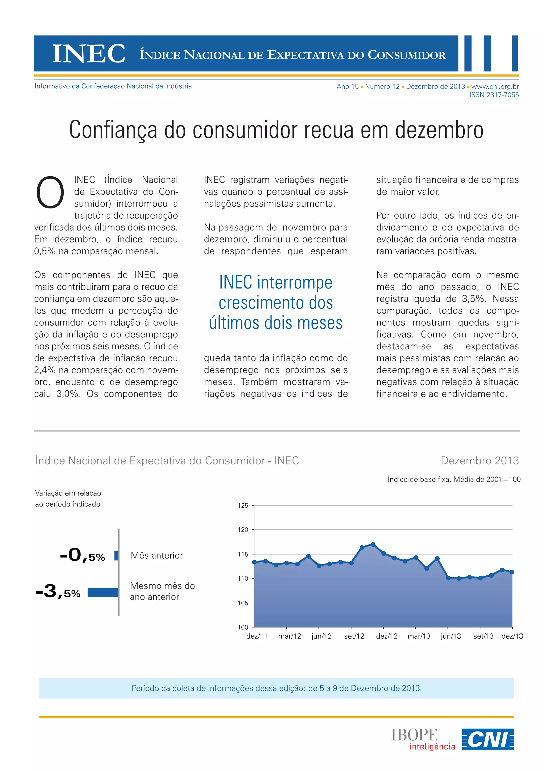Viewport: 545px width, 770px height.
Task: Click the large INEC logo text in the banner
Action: (89, 54)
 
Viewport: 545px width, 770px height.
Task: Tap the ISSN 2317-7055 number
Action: (494, 95)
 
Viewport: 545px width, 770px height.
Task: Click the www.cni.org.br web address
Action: (495, 86)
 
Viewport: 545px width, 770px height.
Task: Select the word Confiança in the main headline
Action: (113, 130)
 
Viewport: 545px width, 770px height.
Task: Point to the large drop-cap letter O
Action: (50, 192)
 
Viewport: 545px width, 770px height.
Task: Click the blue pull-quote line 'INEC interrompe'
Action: (275, 282)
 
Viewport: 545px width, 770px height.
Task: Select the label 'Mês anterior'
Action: (157, 556)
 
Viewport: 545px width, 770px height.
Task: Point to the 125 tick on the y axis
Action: (243, 505)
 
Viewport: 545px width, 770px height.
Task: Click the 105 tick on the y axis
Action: (243, 603)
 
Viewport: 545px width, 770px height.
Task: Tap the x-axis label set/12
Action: (354, 636)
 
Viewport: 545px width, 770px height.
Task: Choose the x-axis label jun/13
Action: (451, 636)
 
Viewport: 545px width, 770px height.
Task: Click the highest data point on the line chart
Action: (373, 545)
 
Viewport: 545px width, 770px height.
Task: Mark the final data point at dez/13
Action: (512, 572)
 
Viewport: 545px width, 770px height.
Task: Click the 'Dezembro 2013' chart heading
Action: (480, 461)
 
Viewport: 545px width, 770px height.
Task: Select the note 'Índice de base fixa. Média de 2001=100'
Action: (454, 479)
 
